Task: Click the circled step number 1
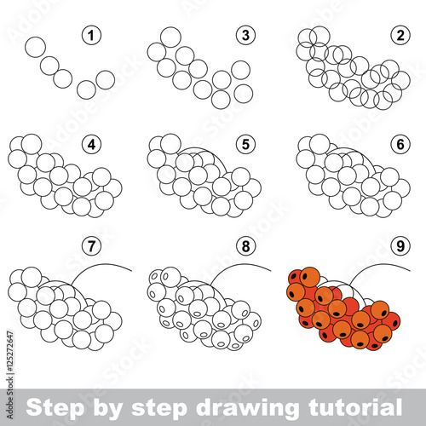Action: [91, 36]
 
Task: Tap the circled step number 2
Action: [400, 36]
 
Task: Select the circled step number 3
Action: [245, 36]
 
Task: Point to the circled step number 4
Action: [91, 145]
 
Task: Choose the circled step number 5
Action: [245, 145]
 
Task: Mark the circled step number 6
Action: [400, 145]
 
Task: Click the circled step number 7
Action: [91, 245]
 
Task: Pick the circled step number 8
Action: [245, 245]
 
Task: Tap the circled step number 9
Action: [400, 245]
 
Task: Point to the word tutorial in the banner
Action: [355, 407]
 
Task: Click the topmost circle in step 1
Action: [36, 47]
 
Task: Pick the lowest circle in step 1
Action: [86, 89]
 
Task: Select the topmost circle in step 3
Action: [170, 37]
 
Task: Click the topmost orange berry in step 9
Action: [310, 277]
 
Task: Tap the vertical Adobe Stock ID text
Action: [10, 374]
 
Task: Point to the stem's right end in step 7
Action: [132, 271]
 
